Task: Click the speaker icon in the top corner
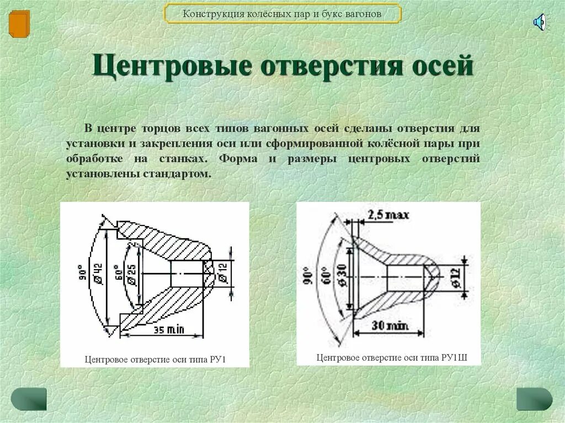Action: coord(540,22)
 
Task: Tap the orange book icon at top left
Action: coord(19,23)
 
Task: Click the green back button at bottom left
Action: coord(29,399)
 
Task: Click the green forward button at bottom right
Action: coord(534,399)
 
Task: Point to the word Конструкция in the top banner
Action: coord(210,14)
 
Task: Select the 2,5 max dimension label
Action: coord(388,215)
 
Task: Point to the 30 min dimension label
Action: coord(390,326)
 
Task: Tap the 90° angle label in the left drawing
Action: coord(83,274)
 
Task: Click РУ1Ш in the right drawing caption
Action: coord(454,357)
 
